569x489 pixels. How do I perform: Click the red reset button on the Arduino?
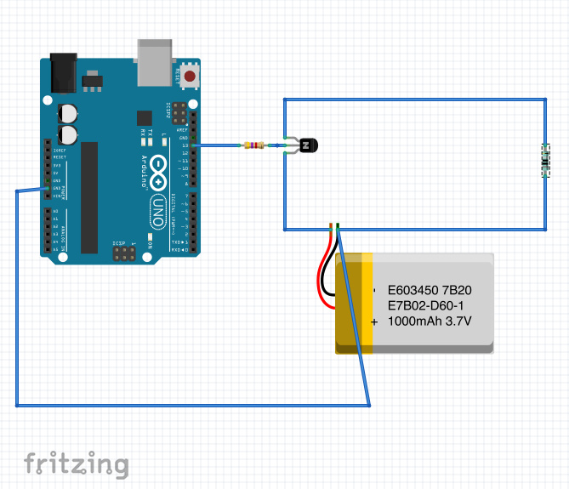(x=189, y=76)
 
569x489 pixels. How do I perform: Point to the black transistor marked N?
(x=308, y=146)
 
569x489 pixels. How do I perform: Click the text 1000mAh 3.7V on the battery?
(x=429, y=321)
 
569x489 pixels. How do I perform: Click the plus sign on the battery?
(x=374, y=321)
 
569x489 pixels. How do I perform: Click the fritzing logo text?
(x=77, y=464)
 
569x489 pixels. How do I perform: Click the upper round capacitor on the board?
(x=68, y=113)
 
